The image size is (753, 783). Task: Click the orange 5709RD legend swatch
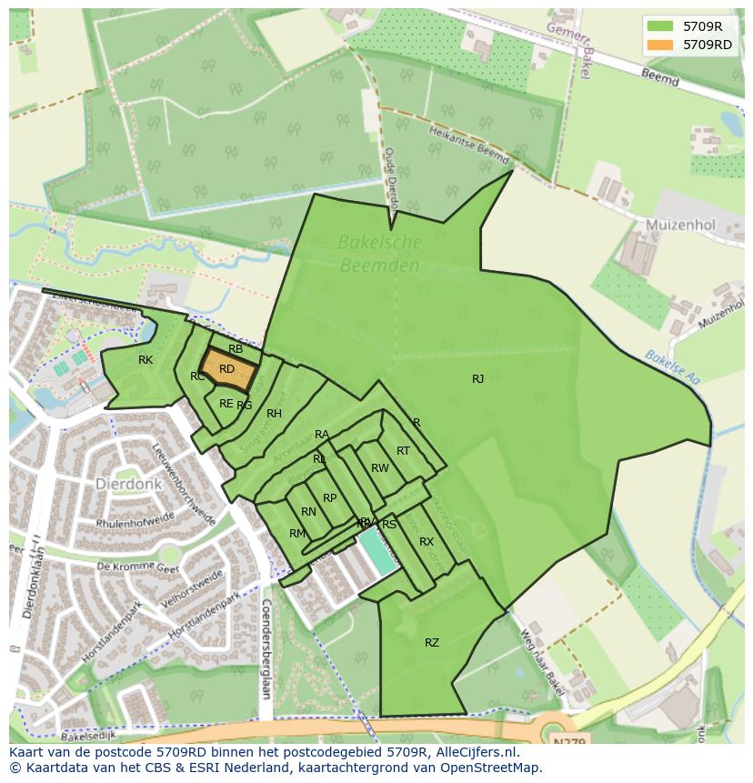[661, 45]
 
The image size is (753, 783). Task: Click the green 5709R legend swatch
[661, 26]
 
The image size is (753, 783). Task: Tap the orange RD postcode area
[226, 369]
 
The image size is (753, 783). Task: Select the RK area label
[146, 360]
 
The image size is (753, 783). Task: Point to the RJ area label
[477, 379]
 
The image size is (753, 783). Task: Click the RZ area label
[432, 643]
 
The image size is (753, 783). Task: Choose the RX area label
[427, 542]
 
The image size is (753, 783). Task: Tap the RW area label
[379, 468]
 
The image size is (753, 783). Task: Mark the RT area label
[403, 451]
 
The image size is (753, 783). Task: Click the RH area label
[274, 414]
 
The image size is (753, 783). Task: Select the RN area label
[308, 512]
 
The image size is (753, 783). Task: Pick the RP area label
[329, 498]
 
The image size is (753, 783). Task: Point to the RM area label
[297, 534]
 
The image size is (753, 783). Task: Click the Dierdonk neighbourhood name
[127, 484]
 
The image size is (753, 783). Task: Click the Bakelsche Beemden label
[379, 254]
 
